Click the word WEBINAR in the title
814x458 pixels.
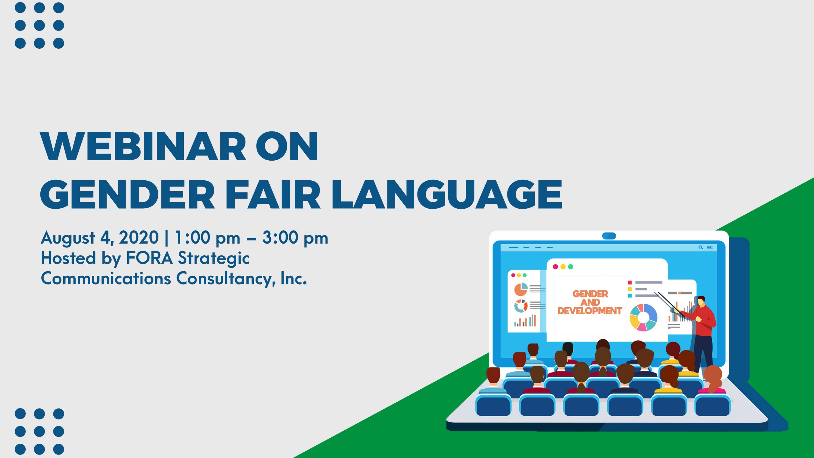coord(143,146)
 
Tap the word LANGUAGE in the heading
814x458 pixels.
coord(447,194)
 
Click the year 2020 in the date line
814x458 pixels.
coord(139,238)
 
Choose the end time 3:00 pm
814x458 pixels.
coord(295,238)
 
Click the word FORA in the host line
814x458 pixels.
coord(149,258)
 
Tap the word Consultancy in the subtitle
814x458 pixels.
coord(226,279)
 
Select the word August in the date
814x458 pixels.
coord(68,239)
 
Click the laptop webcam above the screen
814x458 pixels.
coord(609,236)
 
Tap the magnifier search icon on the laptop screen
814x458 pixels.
coord(700,247)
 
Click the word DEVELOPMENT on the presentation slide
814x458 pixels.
coord(590,311)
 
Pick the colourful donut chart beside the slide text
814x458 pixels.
coord(643,317)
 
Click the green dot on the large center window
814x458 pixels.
coord(570,267)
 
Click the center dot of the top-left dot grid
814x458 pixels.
coord(39,25)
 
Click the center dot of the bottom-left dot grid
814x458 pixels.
coord(39,432)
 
